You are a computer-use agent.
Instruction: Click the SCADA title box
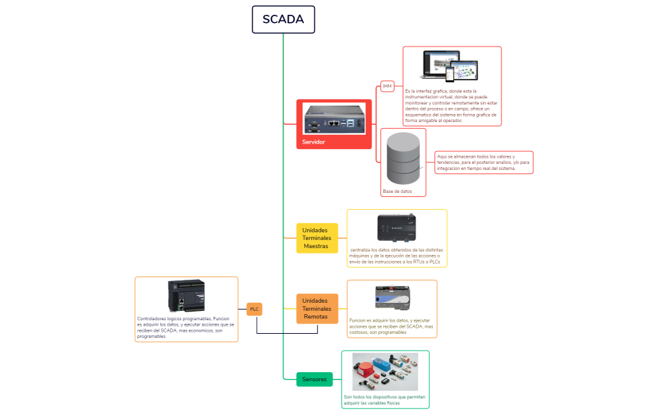click(283, 20)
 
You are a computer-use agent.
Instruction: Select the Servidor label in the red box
click(314, 142)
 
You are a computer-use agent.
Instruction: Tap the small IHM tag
click(387, 86)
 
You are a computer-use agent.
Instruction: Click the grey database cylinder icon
click(404, 158)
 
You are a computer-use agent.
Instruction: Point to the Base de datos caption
click(397, 191)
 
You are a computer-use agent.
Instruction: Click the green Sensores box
click(314, 380)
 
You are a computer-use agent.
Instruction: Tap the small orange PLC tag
click(254, 309)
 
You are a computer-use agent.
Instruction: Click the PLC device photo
click(187, 296)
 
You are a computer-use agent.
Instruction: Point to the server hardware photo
click(333, 120)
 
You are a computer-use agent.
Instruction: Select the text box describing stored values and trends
click(483, 162)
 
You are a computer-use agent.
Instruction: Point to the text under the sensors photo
click(384, 400)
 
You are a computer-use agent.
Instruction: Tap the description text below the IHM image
click(451, 105)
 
